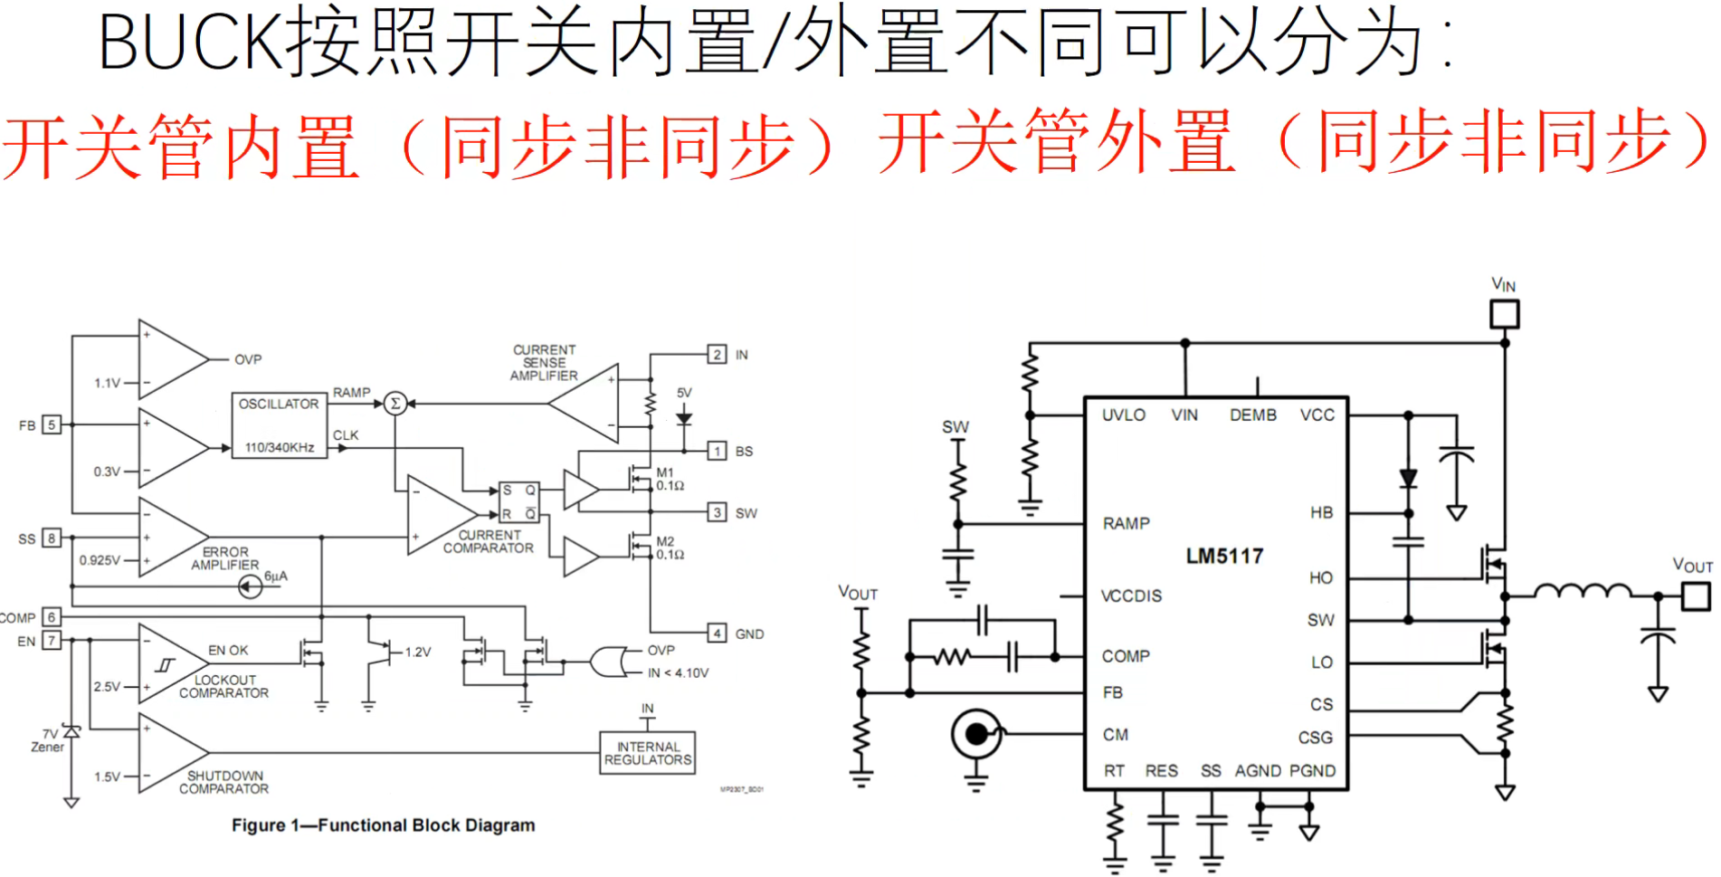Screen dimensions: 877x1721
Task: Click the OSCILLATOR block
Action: (279, 425)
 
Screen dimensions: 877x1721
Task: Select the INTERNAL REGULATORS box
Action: (647, 753)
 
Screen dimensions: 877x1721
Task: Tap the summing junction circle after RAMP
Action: (395, 404)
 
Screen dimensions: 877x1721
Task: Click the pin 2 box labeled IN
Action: (717, 355)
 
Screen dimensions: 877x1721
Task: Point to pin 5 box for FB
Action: (52, 424)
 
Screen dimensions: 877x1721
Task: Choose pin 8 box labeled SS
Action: (52, 539)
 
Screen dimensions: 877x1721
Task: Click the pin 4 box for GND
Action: (717, 634)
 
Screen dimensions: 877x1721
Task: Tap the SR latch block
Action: (519, 502)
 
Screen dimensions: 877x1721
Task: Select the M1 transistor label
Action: (665, 472)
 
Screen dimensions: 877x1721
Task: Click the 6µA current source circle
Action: (250, 587)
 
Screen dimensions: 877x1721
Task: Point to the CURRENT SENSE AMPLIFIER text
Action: (544, 363)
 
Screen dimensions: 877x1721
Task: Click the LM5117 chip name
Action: (1224, 556)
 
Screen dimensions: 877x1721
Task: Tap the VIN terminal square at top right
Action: (1504, 314)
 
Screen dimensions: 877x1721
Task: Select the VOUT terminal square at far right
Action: (1696, 596)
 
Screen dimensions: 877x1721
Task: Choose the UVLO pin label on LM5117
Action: (1123, 415)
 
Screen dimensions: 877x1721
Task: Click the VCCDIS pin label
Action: (1131, 596)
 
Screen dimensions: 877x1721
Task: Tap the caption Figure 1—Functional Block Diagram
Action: (384, 825)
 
